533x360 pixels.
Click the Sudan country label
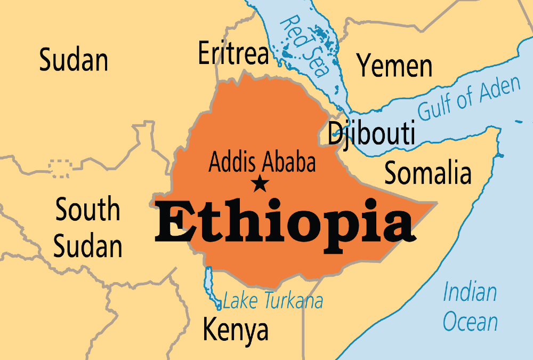74,60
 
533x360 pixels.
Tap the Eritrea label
233,53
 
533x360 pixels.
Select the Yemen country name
394,66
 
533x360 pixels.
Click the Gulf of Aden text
469,99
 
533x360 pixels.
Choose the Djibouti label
371,133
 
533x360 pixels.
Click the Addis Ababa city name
262,163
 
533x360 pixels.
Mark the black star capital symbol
260,184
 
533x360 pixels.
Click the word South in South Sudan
88,210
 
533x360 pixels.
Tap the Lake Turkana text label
272,301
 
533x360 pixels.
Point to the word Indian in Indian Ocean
470,293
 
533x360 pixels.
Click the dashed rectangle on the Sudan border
59,168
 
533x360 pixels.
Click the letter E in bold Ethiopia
176,224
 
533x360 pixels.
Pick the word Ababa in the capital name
290,163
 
